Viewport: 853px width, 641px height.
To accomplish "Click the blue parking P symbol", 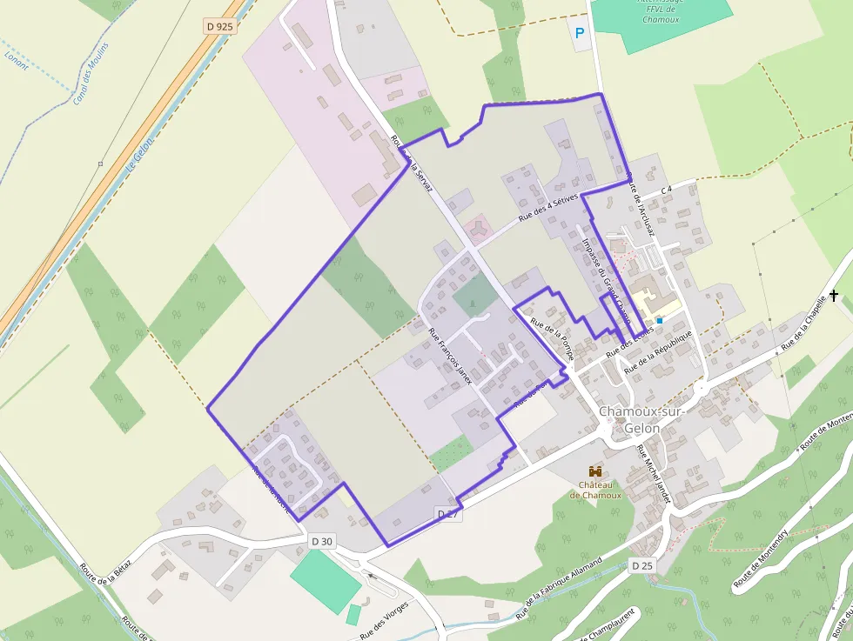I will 581,36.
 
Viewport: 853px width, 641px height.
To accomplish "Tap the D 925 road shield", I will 220,26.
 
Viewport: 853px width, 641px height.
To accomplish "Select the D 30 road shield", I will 322,541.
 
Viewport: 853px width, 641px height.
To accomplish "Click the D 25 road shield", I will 641,565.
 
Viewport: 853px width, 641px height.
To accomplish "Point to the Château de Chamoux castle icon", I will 595,471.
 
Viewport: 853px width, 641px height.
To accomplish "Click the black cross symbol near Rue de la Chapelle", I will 834,296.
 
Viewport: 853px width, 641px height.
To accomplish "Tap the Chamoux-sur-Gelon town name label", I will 642,419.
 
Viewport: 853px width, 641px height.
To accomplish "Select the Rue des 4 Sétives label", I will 549,209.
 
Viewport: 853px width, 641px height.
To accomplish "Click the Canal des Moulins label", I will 91,73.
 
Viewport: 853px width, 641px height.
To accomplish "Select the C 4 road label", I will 668,189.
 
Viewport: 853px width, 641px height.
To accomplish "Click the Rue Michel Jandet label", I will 655,475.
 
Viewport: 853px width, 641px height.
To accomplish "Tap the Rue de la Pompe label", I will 553,336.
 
